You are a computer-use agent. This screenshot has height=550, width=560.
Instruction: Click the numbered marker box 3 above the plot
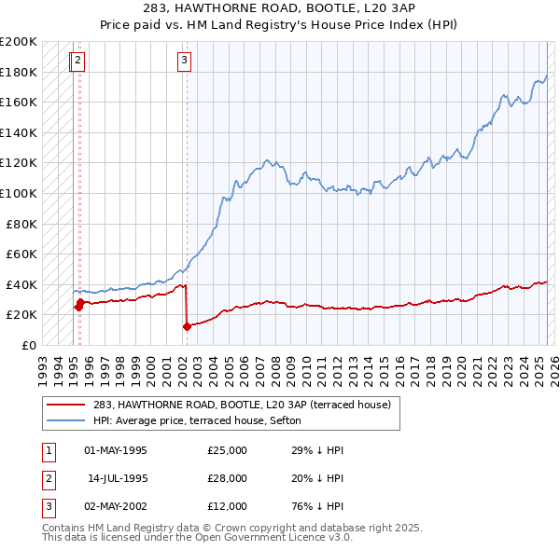coord(185,62)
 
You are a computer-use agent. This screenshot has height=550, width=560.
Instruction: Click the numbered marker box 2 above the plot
coord(77,62)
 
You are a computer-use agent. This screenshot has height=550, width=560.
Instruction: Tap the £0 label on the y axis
coord(28,345)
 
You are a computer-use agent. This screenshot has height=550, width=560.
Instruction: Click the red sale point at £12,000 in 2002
coord(187,326)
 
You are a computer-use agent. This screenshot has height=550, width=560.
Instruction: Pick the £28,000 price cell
coord(228,478)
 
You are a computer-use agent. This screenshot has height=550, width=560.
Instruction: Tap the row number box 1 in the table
coord(46,450)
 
